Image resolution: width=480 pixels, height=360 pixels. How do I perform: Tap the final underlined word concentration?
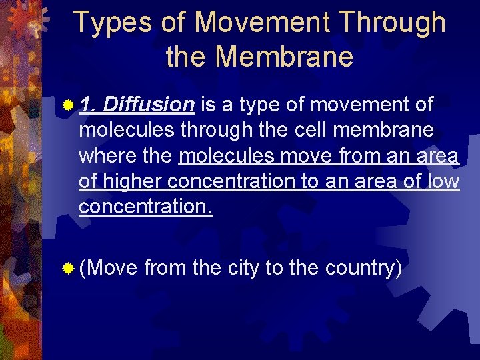pos(145,207)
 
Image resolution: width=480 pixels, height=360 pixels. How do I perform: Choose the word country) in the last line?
pos(363,268)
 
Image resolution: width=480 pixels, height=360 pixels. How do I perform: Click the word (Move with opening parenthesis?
pos(108,268)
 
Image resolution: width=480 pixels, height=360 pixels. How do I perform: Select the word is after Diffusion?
pos(207,105)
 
